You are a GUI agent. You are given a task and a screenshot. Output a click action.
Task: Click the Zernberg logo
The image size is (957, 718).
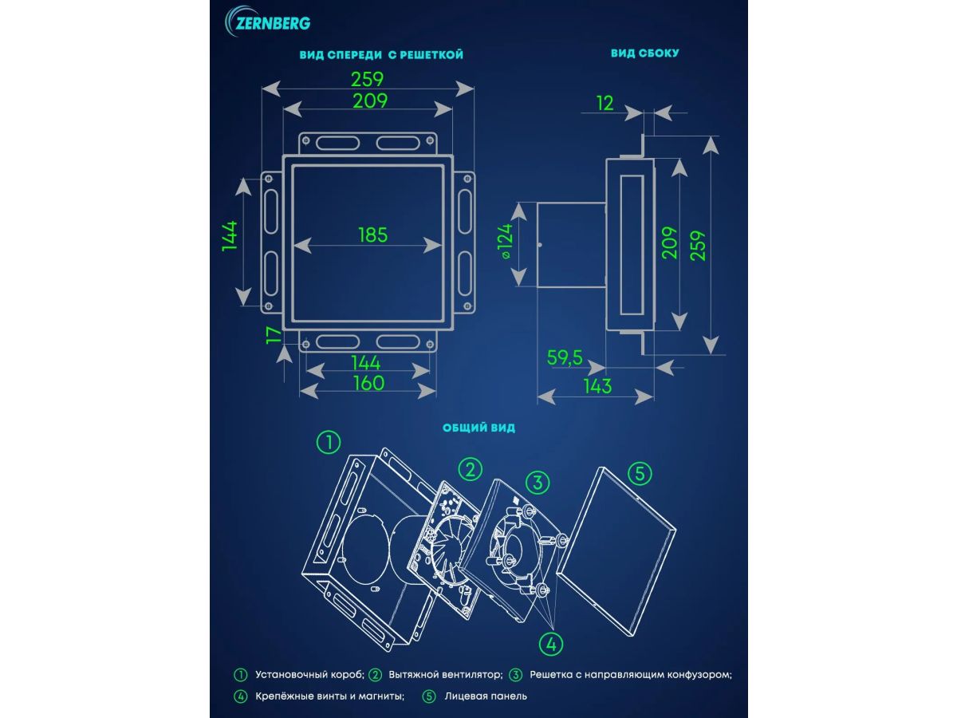pyautogui.click(x=267, y=22)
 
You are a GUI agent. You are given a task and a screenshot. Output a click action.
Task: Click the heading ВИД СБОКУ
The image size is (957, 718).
pyautogui.click(x=645, y=53)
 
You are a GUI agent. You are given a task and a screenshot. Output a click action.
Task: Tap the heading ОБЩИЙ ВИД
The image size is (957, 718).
pyautogui.click(x=478, y=428)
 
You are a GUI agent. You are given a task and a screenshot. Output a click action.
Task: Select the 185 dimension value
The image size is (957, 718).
pyautogui.click(x=372, y=235)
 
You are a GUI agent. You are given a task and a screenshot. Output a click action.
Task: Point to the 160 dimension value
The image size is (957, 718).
pyautogui.click(x=369, y=383)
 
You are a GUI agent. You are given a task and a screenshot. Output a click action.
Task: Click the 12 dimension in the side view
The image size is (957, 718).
pyautogui.click(x=605, y=104)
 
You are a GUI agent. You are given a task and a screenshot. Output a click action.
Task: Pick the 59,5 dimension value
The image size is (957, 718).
pyautogui.click(x=565, y=358)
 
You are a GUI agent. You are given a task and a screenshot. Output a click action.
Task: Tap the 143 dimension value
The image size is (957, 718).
pyautogui.click(x=597, y=386)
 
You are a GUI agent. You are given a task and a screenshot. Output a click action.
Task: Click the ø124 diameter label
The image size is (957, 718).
pyautogui.click(x=507, y=242)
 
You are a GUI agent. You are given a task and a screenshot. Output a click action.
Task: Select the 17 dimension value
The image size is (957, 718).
pyautogui.click(x=274, y=336)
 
